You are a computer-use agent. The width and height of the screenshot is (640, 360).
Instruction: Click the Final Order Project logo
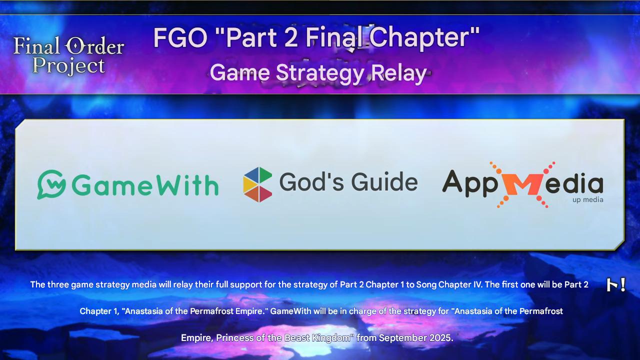point(68,55)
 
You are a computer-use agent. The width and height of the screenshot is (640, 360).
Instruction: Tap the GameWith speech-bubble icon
point(51,184)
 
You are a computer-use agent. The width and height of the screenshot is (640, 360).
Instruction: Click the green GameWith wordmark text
point(145,185)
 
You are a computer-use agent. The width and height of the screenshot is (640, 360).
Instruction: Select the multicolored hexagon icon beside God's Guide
point(257,184)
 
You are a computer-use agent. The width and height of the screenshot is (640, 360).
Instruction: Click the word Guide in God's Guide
point(384,181)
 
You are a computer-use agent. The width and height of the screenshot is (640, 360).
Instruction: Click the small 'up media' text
point(587,199)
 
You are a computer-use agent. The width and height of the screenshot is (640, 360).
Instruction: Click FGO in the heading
point(180,37)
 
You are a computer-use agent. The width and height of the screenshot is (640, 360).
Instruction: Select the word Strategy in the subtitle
point(320,73)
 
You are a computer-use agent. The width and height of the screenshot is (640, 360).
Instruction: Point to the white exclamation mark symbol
point(623,284)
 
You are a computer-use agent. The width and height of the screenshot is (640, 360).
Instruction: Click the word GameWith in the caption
point(290,311)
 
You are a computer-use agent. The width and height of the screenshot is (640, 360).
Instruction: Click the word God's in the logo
point(311,181)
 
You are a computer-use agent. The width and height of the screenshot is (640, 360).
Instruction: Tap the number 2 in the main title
point(291,37)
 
